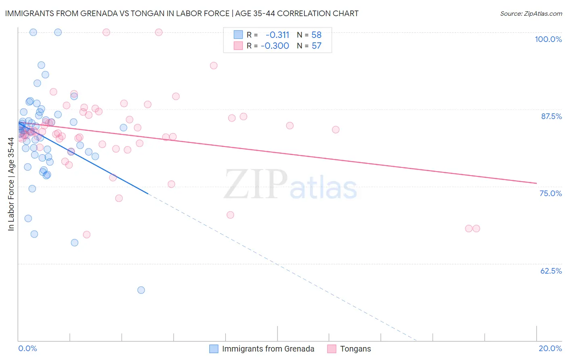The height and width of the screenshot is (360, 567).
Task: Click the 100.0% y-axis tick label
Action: pos(548,39)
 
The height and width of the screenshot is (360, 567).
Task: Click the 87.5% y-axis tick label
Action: pos(551,116)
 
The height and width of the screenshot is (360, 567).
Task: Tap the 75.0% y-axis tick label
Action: pos(550,193)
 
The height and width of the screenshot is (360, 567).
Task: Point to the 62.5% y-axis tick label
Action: pos(551,271)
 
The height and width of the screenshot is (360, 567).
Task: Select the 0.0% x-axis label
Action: pos(27,348)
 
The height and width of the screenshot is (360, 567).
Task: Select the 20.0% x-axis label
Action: pos(550,348)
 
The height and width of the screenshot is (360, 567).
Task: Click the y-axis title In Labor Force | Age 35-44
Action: pos(11,184)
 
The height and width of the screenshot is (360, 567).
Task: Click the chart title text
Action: pos(181,14)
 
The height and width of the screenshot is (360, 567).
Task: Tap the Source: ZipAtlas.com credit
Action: pos(531,14)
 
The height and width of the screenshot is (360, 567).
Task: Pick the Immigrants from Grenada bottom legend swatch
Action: pos(214,349)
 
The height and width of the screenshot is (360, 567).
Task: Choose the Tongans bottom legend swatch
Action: pos(331,349)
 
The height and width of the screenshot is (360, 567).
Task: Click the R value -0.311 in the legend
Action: pos(277,35)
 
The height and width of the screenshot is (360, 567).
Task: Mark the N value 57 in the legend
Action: pos(317,46)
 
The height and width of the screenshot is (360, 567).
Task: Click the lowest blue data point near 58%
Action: pos(141,290)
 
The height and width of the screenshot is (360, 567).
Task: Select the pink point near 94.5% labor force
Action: pos(214,65)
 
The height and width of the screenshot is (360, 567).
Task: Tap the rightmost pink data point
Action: pos(476,228)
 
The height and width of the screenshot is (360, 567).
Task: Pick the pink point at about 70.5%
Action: pos(230,215)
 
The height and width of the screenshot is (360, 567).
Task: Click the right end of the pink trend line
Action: pos(536,183)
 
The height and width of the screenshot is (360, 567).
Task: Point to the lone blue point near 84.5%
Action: pos(123,128)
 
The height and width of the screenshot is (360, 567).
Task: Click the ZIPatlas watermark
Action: pos(290,185)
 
